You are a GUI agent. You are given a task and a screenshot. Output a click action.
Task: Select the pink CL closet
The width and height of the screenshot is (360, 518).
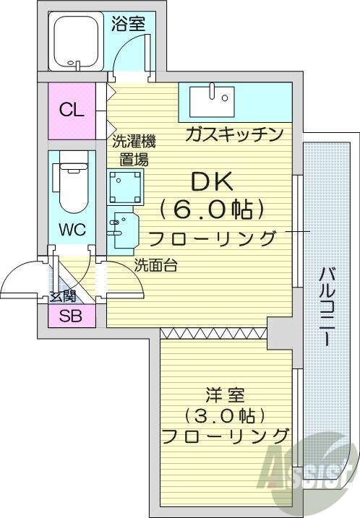coord(72,111)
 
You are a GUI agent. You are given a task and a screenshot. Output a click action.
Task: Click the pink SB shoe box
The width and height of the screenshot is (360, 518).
coord(71,316)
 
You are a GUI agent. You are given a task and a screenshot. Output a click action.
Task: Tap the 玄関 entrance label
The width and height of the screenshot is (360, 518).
coord(63,295)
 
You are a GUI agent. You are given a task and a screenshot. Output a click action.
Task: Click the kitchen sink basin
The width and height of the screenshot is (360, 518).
coord(213,100)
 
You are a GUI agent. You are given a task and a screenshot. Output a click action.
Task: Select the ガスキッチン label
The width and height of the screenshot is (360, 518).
coord(233,134)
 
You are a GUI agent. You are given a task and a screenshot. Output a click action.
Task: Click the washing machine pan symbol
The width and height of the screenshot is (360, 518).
coord(127,187)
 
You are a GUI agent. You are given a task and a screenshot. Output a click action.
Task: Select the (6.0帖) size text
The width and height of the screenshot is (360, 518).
coord(207,209)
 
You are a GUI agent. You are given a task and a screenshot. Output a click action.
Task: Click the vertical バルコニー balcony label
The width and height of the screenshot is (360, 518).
coord(328,306)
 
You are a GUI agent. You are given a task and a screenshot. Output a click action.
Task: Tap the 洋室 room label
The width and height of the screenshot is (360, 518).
coord(225,395)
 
